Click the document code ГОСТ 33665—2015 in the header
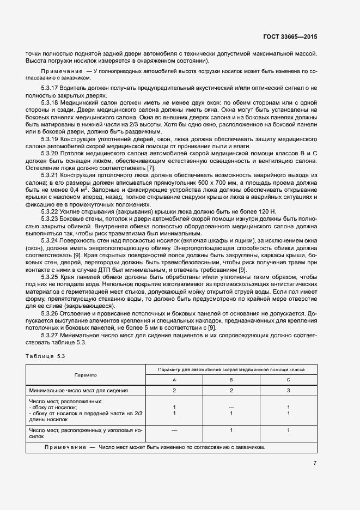[x=289, y=37]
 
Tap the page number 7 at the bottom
[x=315, y=463]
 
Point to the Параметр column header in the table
[x=86, y=375]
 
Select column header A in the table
[x=174, y=380]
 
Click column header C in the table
[x=288, y=380]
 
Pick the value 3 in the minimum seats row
[x=288, y=391]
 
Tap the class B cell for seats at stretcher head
[x=231, y=430]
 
